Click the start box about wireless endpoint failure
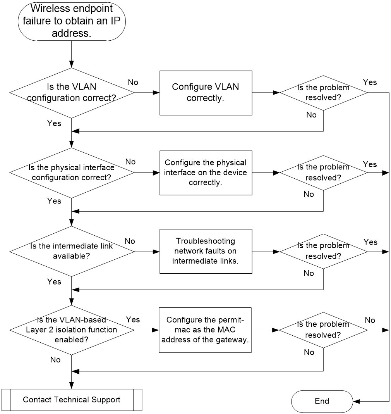tap(72, 21)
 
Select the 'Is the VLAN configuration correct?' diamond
tap(72, 93)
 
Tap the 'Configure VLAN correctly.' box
tap(206, 93)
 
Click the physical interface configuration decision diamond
tap(72, 172)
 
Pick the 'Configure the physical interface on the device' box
tap(206, 172)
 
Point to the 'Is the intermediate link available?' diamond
tap(72, 251)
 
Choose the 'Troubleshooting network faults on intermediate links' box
tap(206, 251)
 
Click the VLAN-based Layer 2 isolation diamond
tap(72, 330)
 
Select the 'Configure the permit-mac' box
tap(205, 330)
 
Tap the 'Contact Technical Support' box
tap(72, 400)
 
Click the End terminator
tap(322, 401)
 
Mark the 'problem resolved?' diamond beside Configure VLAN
tap(324, 93)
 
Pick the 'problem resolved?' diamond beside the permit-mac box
tap(323, 330)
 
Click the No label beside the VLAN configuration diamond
tap(133, 83)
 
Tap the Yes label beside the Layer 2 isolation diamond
tap(133, 320)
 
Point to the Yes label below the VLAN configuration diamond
tap(54, 123)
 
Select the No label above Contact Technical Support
tap(55, 360)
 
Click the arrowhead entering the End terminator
tap(357, 402)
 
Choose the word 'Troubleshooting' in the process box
tap(206, 241)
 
